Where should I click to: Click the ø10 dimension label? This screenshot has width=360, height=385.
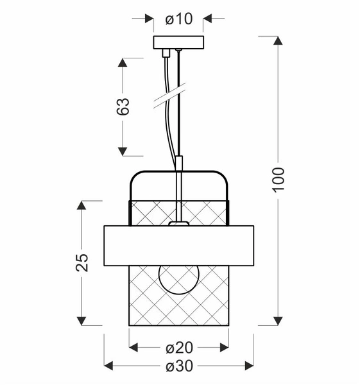click(x=178, y=19)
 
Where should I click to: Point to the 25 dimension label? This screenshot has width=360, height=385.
click(x=82, y=262)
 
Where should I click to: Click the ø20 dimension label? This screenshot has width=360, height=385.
click(x=178, y=348)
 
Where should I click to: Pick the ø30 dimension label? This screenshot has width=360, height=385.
click(x=178, y=366)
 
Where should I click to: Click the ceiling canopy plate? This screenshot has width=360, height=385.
click(x=178, y=42)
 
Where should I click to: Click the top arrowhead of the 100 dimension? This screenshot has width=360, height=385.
click(x=278, y=41)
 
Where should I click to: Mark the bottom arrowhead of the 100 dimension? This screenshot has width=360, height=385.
click(x=278, y=320)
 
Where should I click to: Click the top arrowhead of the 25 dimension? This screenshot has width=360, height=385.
click(x=82, y=205)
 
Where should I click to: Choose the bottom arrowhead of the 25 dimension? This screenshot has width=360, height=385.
click(x=82, y=320)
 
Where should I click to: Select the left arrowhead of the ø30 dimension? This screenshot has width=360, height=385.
click(x=108, y=366)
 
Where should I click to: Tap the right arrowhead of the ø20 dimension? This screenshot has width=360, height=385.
click(x=223, y=348)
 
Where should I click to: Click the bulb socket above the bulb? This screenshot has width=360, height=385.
click(x=178, y=223)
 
